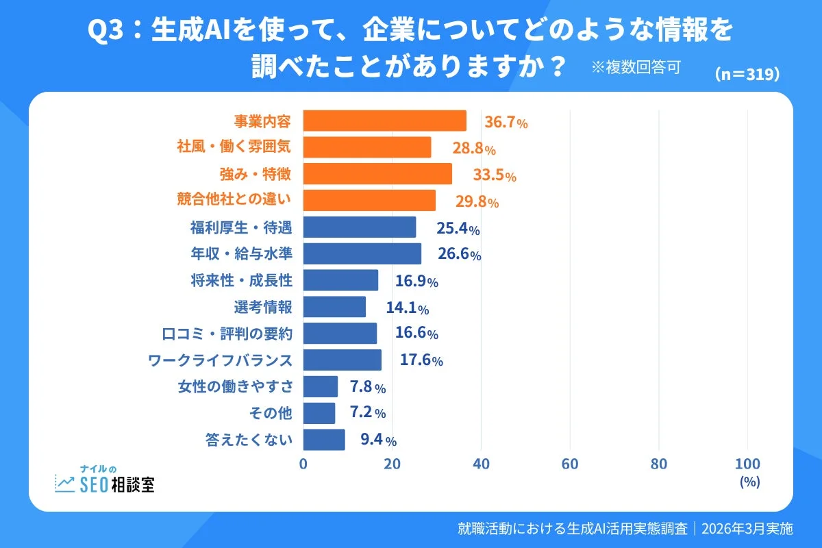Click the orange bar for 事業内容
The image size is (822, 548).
tap(384, 121)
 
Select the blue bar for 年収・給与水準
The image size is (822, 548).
tap(362, 253)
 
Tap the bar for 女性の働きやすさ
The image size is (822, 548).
tap(320, 386)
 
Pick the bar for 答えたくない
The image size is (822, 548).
tap(323, 440)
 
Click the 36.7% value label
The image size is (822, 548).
tap(506, 123)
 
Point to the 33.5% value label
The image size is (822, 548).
tap(494, 175)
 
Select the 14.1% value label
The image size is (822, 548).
tap(408, 308)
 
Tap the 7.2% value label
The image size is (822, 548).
tap(368, 413)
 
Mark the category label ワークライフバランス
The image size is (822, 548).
tap(221, 360)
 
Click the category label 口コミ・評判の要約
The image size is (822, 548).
tap(227, 334)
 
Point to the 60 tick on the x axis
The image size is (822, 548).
tap(570, 464)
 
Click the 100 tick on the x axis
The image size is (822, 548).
tap(747, 464)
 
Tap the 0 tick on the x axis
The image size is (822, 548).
tap(303, 464)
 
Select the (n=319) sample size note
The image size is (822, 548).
tap(747, 75)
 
